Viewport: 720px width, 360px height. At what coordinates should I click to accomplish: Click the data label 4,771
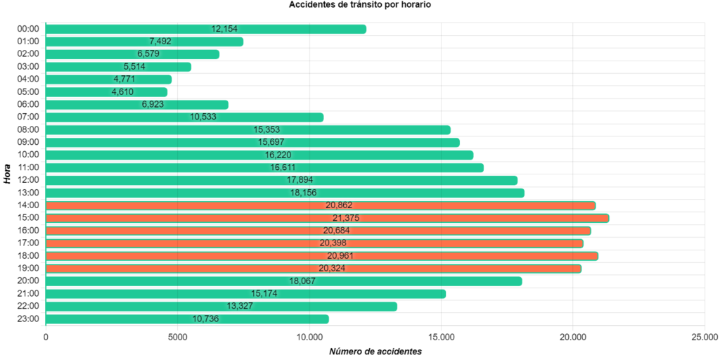coord(124,79)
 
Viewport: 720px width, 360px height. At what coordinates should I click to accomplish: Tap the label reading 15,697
coord(271,143)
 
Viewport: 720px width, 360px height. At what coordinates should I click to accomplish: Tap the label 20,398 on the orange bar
coord(332,243)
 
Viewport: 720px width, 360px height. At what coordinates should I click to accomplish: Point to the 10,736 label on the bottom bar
coord(205,319)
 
